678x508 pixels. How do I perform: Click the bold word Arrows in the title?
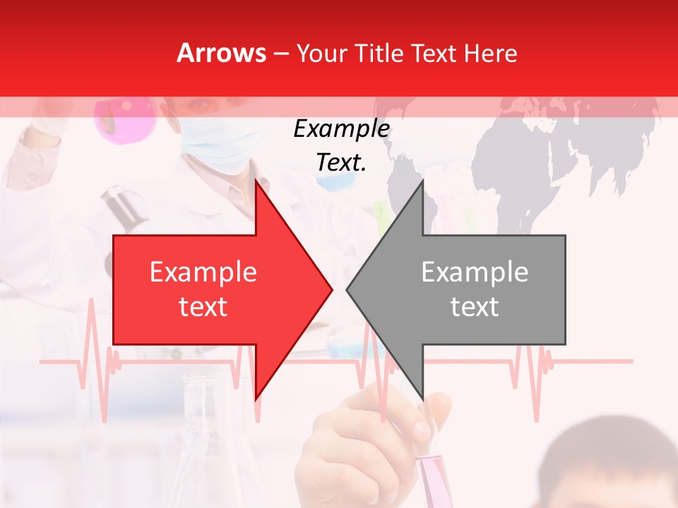coord(221,53)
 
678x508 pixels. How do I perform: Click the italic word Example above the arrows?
coord(342,129)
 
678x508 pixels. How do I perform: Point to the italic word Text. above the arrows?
coord(342,163)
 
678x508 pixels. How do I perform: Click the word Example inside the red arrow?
coord(203,272)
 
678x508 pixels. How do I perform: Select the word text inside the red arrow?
coord(203,307)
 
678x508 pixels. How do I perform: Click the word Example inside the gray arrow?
coord(475,272)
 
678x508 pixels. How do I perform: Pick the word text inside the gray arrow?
coord(475,307)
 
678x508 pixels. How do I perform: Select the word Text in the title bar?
coord(434,54)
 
